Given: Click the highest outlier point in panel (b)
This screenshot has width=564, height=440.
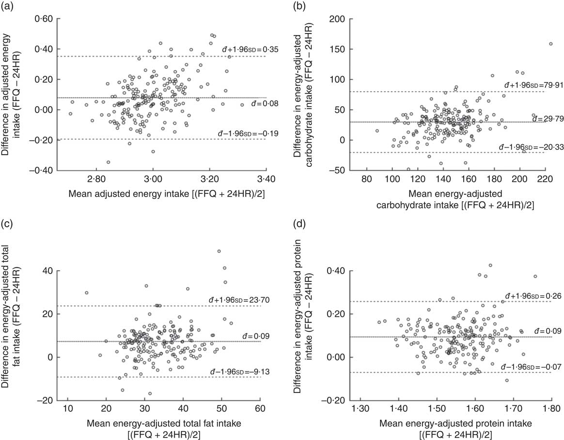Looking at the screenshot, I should [x=550, y=44].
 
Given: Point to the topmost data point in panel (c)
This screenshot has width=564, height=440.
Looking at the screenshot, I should [x=219, y=251].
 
